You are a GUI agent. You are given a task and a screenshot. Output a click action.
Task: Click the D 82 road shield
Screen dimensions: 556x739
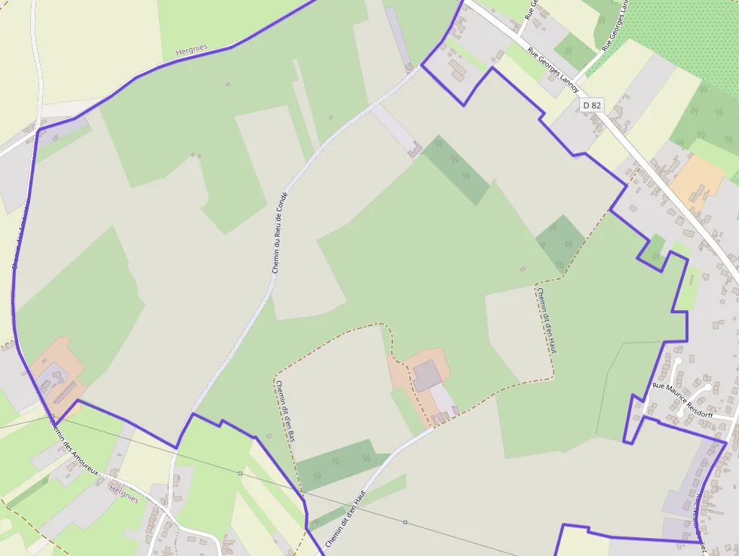point(592,105)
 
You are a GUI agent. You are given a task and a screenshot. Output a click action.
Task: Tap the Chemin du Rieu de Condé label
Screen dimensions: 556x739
point(280,232)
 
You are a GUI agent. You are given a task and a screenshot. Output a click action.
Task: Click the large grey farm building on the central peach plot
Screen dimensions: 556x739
point(428,375)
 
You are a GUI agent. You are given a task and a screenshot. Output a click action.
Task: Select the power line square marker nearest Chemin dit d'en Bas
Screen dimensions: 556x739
point(240,473)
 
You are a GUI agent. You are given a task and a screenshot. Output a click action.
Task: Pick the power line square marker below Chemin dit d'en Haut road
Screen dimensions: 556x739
point(405,522)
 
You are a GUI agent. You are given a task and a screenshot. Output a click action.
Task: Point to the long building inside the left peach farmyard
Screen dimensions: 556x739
point(65,391)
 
